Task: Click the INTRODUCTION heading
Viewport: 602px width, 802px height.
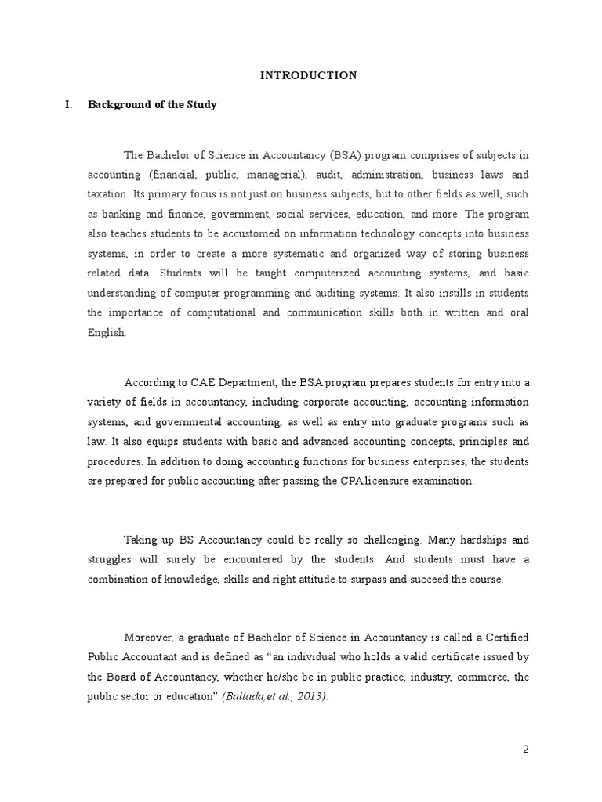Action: click(x=308, y=75)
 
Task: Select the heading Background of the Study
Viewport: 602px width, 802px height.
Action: click(x=152, y=104)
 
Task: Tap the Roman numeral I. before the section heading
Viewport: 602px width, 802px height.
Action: click(x=68, y=104)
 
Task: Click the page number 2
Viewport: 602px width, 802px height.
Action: click(x=526, y=750)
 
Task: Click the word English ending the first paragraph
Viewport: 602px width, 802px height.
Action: click(x=105, y=332)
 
